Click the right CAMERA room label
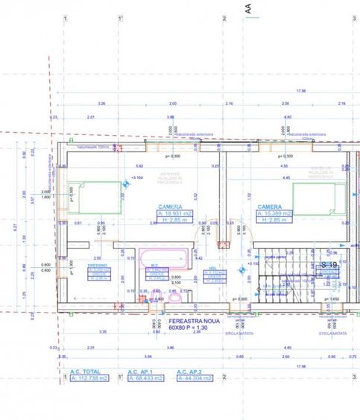click(x=269, y=207)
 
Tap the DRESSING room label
click(x=97, y=266)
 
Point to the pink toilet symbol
click(x=174, y=298)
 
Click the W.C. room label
click(x=153, y=266)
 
